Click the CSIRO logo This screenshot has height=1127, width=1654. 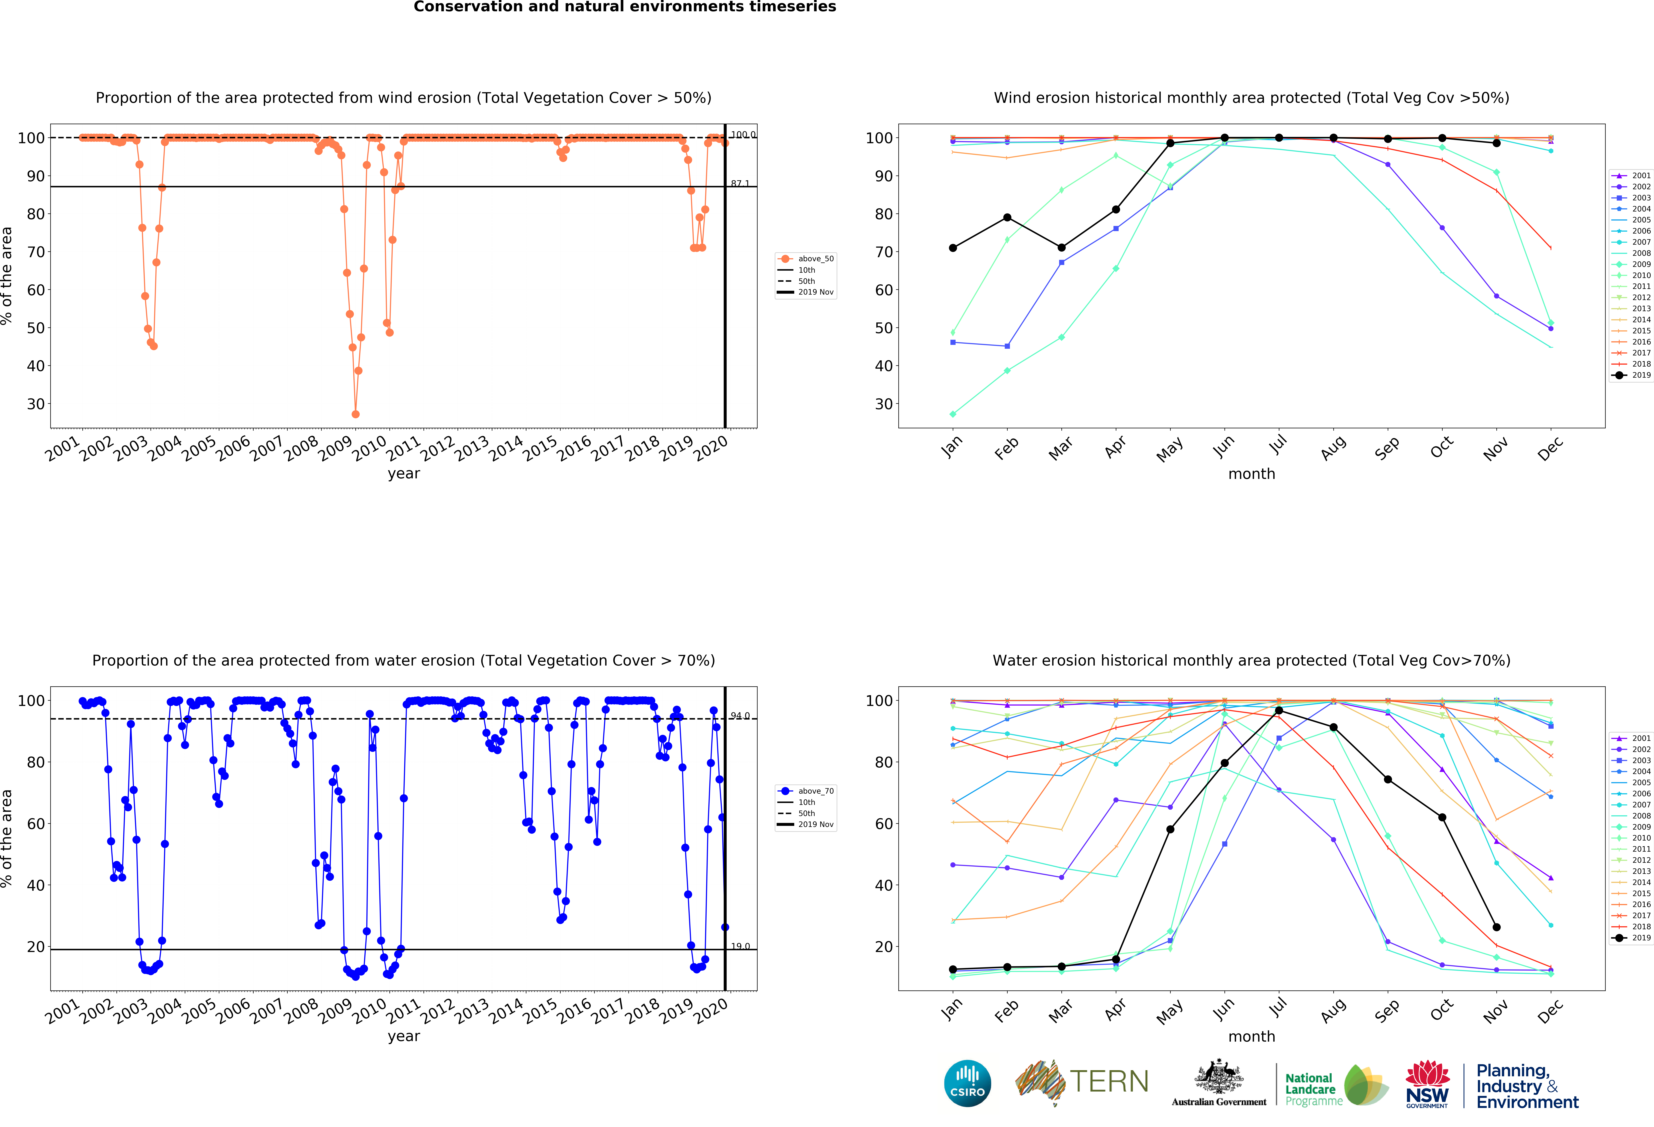pyautogui.click(x=967, y=1083)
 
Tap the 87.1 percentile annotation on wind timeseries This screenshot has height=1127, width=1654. pyautogui.click(x=740, y=184)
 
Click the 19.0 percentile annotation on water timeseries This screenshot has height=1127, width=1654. pyautogui.click(x=740, y=946)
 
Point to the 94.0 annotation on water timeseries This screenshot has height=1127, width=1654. pyautogui.click(x=740, y=716)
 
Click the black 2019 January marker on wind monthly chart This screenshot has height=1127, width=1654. pyautogui.click(x=953, y=248)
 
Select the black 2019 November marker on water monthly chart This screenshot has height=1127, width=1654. pyautogui.click(x=1497, y=927)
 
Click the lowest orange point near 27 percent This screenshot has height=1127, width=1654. pyautogui.click(x=355, y=414)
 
